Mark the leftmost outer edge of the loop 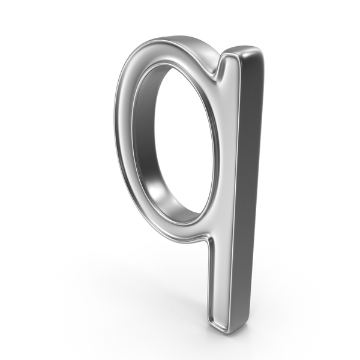tap(115, 119)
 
